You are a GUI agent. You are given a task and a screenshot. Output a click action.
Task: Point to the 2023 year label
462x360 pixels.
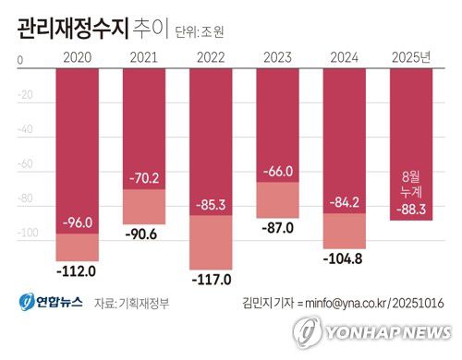point(280,60)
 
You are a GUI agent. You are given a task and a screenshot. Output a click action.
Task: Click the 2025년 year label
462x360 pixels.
point(412,60)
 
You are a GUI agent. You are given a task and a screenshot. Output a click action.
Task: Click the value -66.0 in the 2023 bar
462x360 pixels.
point(280,171)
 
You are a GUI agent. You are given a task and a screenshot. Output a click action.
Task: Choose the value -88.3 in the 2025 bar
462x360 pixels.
point(412,210)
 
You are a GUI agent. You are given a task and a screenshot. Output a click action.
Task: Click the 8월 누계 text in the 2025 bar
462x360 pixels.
point(412,184)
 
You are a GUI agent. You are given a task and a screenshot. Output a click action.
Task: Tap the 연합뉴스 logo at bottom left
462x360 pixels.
point(48,302)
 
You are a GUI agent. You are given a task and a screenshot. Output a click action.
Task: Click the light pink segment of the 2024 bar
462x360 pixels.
point(346,231)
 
